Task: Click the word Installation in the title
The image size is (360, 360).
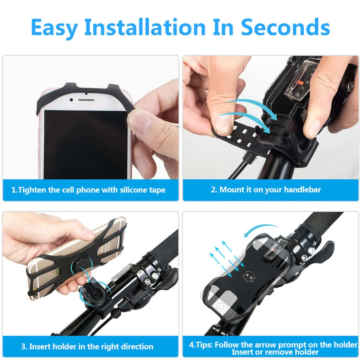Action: (x=145, y=28)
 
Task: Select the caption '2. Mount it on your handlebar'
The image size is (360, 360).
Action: (x=266, y=190)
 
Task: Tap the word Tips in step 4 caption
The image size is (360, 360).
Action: (x=204, y=344)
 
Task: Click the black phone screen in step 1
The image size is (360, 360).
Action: (x=85, y=144)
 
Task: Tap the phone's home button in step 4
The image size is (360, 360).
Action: (x=220, y=306)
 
